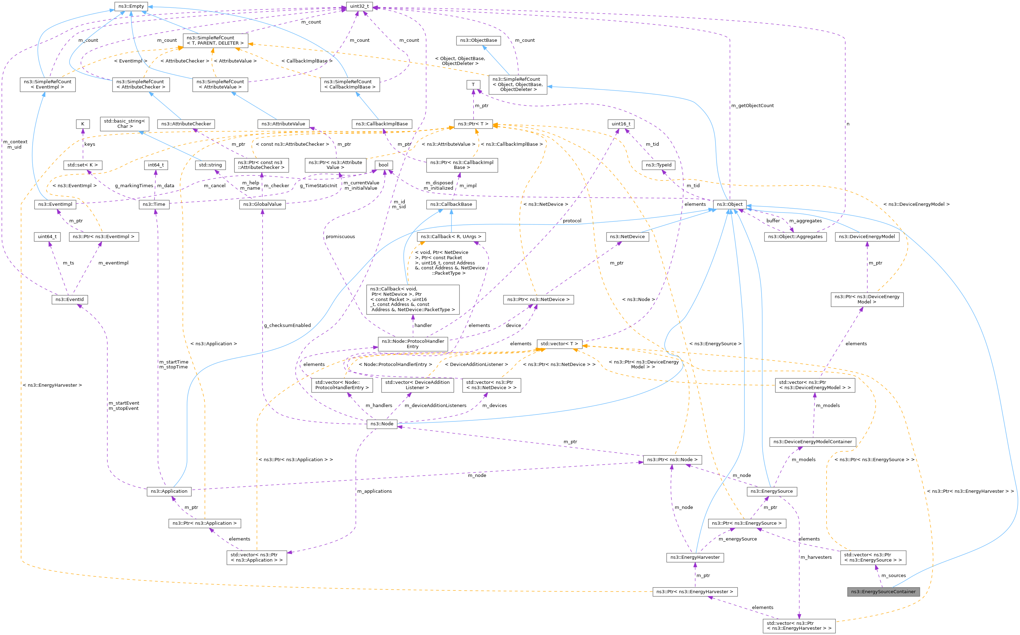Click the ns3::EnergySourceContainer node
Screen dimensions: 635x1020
(883, 591)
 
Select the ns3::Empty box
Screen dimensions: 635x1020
(131, 6)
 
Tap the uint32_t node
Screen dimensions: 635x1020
(359, 6)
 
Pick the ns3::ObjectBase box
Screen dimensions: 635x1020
(478, 40)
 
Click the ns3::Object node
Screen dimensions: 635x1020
(730, 204)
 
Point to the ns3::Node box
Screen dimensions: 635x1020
(382, 424)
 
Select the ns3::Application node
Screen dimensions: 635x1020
(169, 491)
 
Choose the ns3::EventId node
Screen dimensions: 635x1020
(69, 300)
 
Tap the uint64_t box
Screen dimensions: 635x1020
(47, 236)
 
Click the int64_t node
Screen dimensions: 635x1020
(155, 165)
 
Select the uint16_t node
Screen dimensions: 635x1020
(621, 124)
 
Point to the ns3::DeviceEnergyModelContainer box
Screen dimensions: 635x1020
(812, 441)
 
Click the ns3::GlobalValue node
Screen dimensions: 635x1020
(262, 204)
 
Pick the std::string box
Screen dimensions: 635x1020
(210, 165)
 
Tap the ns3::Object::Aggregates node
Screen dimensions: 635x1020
(795, 236)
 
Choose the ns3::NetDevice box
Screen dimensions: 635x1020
(627, 236)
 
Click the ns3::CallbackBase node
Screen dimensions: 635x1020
(451, 204)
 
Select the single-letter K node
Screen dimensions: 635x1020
(83, 124)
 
